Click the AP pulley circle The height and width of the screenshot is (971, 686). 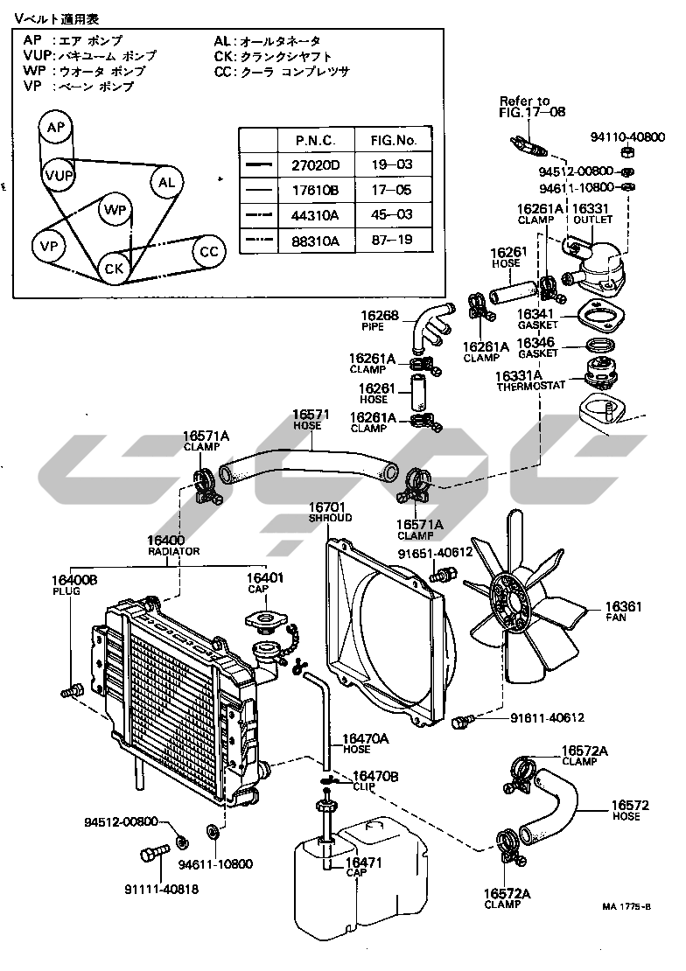(56, 129)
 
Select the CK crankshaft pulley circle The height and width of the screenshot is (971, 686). (115, 267)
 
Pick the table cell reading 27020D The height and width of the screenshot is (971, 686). (317, 164)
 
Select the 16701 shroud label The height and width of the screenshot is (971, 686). (330, 512)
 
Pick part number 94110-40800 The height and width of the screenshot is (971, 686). (627, 137)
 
